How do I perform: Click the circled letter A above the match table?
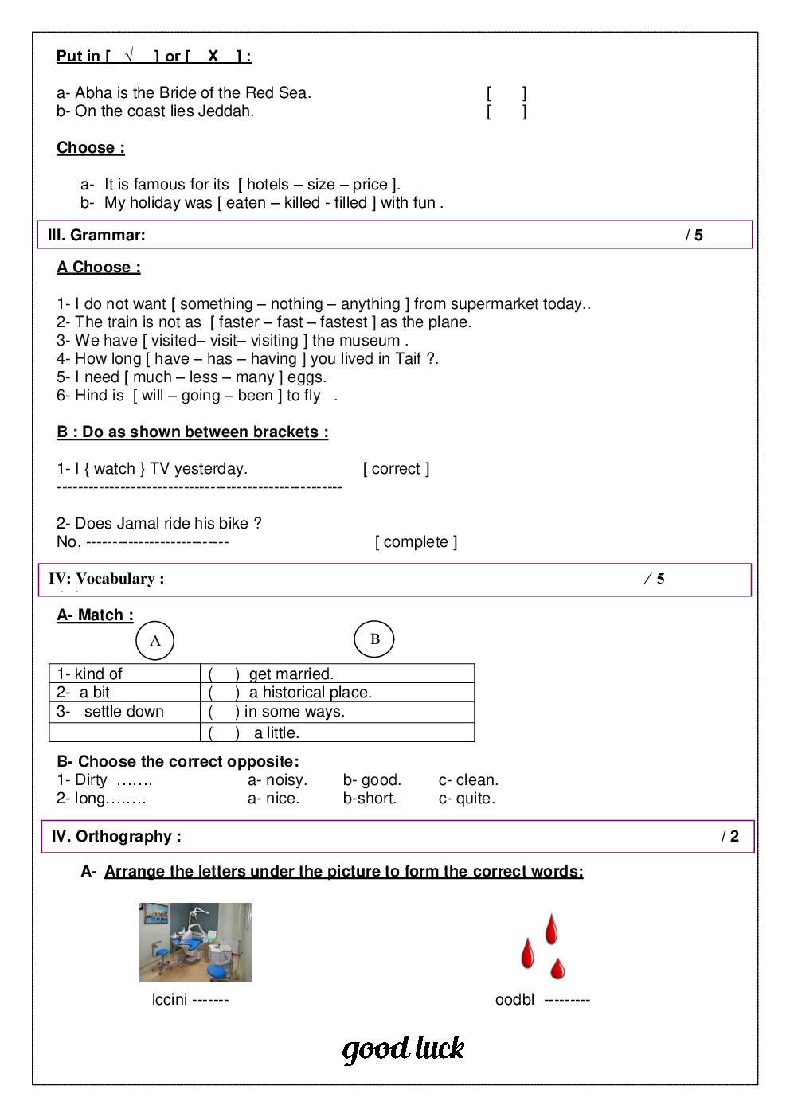155,641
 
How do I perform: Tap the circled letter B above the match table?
374,639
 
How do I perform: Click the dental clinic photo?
195,942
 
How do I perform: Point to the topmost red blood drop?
551,929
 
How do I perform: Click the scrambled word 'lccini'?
170,999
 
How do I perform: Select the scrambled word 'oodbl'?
514,999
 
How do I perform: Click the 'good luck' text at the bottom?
403,1049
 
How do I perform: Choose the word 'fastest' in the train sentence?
343,322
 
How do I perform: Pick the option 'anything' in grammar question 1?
370,304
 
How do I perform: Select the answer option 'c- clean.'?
468,780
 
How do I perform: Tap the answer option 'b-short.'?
370,799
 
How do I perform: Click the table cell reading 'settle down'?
123,712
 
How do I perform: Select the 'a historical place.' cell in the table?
311,693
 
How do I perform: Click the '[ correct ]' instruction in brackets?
397,469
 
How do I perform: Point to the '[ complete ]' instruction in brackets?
416,542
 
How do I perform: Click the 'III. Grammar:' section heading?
96,235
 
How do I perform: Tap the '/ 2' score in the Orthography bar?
730,836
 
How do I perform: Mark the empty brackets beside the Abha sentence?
506,93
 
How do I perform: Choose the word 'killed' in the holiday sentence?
302,203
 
